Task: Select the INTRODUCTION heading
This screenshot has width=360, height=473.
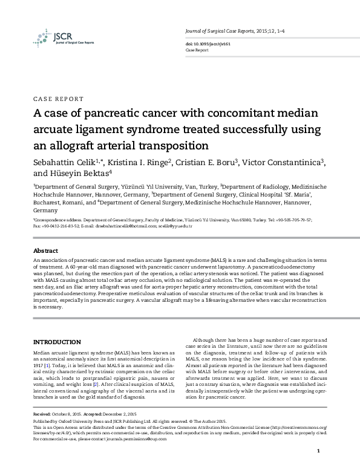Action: coord(57,342)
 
